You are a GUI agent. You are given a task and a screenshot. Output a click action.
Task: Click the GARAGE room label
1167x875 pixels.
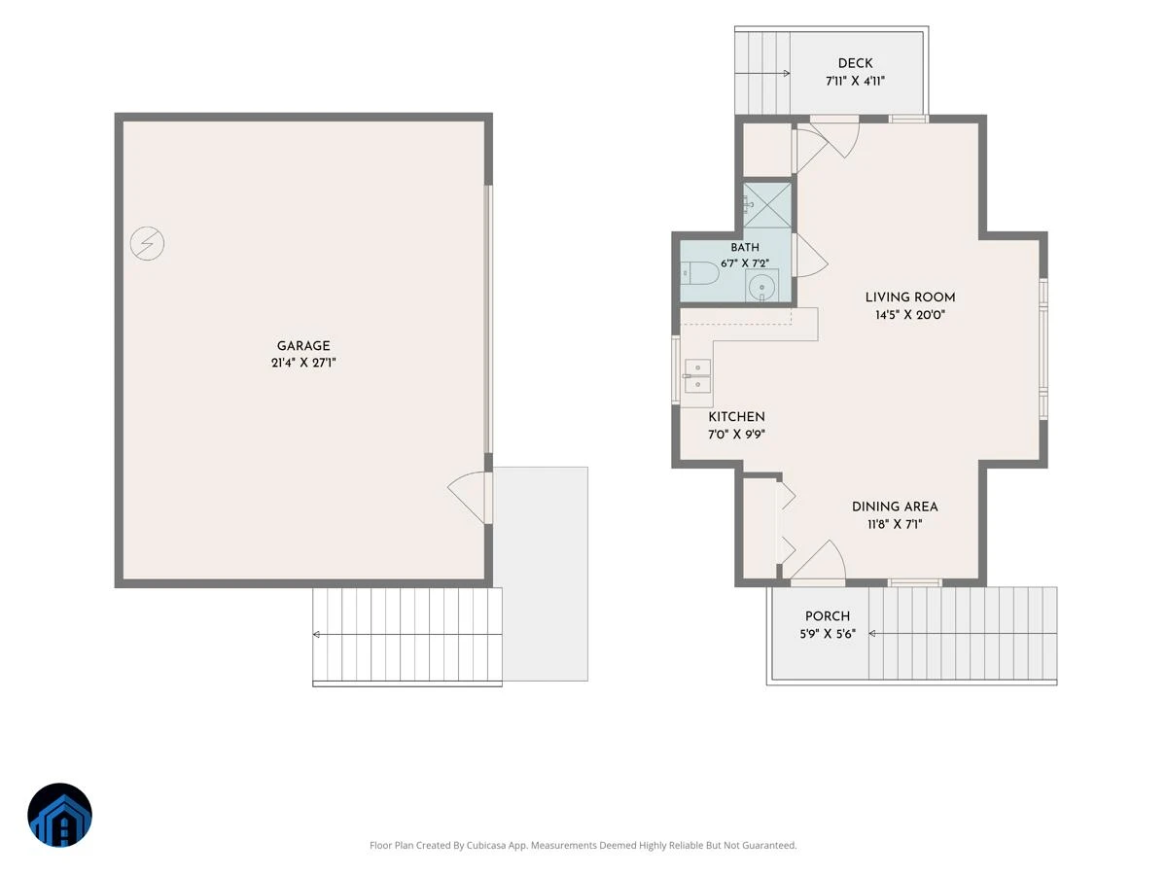303,346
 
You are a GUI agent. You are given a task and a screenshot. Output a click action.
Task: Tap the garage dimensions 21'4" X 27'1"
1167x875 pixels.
303,363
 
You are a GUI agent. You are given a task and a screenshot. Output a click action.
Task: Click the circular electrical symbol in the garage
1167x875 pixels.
147,243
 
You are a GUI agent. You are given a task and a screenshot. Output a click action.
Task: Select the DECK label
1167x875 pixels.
855,63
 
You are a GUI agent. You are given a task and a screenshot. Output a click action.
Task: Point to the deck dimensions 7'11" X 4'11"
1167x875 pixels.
855,81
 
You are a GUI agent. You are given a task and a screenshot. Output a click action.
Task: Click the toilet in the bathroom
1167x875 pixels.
699,274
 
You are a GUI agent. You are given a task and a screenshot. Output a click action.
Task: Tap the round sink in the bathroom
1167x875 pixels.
761,287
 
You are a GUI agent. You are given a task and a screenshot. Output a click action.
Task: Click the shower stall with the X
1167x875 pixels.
767,205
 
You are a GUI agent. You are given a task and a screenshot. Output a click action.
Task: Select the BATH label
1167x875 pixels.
745,248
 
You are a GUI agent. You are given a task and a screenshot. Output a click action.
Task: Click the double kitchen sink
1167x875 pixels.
697,376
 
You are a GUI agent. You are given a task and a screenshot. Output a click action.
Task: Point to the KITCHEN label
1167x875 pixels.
736,417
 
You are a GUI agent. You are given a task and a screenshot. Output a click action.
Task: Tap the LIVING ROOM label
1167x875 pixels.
910,297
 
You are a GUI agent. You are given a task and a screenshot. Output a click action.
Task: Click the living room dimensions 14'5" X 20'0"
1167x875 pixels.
910,314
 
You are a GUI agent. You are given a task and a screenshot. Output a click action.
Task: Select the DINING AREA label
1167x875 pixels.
895,507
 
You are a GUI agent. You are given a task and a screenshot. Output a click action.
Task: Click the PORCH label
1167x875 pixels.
828,616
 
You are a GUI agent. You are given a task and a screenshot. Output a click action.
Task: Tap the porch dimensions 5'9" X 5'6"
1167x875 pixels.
828,634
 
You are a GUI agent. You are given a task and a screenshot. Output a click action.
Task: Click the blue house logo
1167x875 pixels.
59,815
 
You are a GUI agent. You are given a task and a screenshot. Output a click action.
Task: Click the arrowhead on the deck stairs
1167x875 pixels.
787,73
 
